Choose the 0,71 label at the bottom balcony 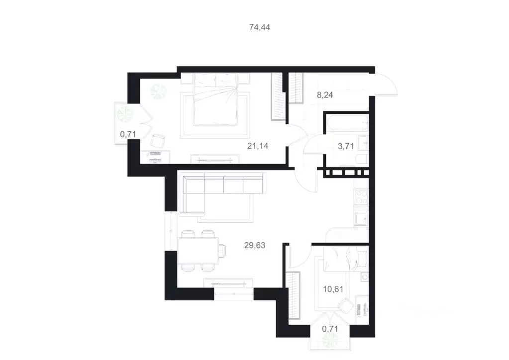330,328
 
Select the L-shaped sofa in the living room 219,191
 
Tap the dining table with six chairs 198,250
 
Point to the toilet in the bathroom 361,159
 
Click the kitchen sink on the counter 360,219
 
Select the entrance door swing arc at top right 386,85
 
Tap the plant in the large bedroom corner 160,90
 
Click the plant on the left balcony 122,115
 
